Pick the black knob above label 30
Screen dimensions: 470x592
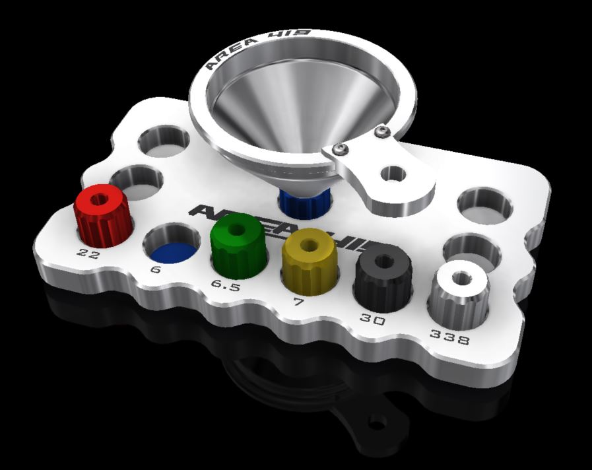383,275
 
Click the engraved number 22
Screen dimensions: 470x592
88,253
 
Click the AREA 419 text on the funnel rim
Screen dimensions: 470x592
260,48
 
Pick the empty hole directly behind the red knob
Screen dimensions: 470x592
136,179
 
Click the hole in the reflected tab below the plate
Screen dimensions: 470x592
378,419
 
